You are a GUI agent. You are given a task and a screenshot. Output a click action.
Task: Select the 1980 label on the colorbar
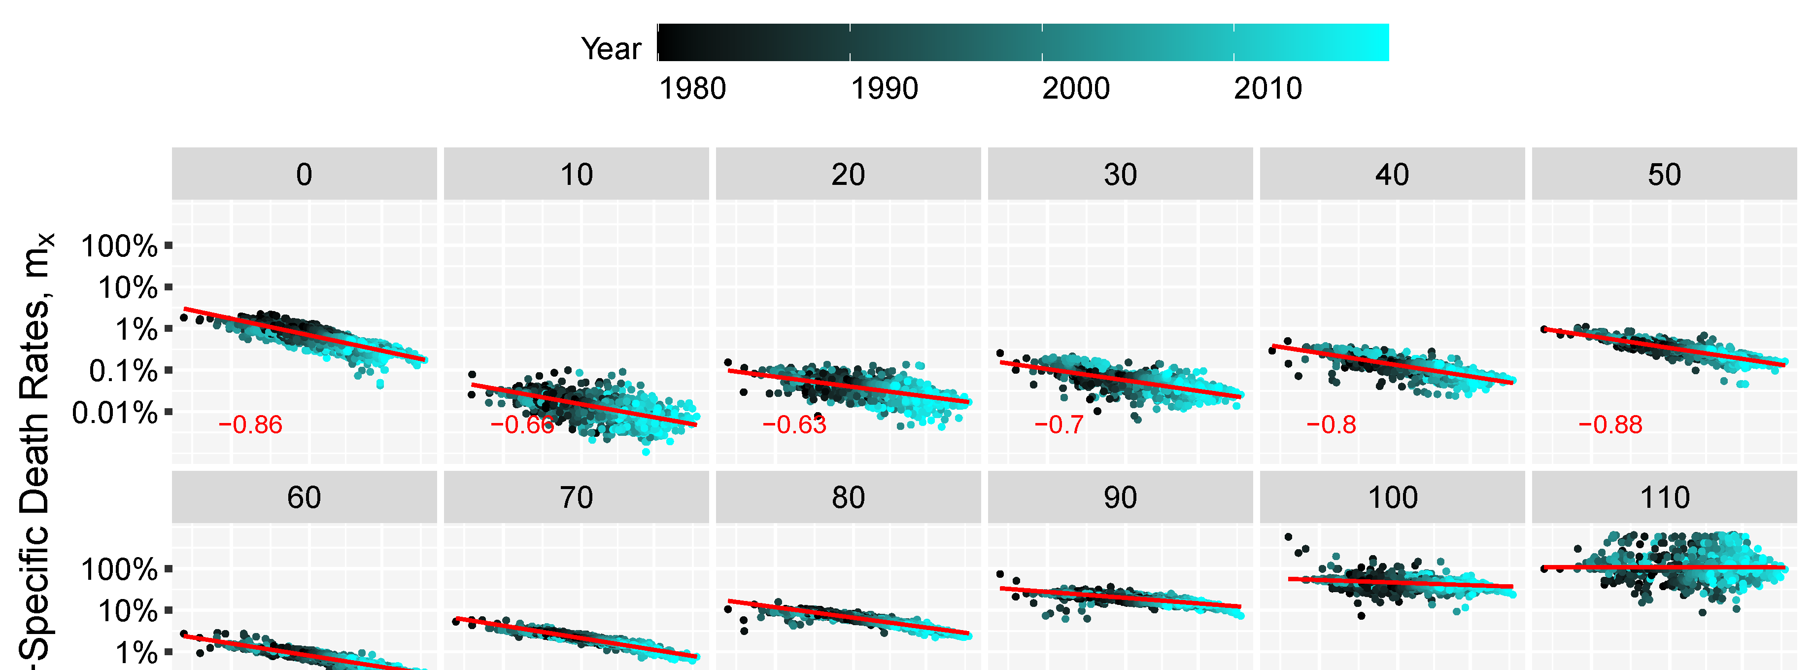(692, 89)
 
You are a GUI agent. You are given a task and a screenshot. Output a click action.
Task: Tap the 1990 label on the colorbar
(884, 89)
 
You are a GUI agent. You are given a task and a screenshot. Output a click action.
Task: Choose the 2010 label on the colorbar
(1267, 89)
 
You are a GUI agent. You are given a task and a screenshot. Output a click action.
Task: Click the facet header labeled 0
(304, 175)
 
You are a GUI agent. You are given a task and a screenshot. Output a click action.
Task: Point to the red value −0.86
(250, 425)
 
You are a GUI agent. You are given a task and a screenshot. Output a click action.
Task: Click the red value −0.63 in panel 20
(794, 425)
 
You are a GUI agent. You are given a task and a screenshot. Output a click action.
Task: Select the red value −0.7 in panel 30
(1059, 425)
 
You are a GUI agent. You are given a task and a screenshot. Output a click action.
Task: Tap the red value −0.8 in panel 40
(1331, 425)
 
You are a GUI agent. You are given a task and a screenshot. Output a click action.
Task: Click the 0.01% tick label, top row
(115, 413)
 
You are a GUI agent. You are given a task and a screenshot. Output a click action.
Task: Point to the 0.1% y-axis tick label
(123, 371)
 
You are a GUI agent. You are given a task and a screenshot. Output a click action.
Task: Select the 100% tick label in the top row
(119, 247)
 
